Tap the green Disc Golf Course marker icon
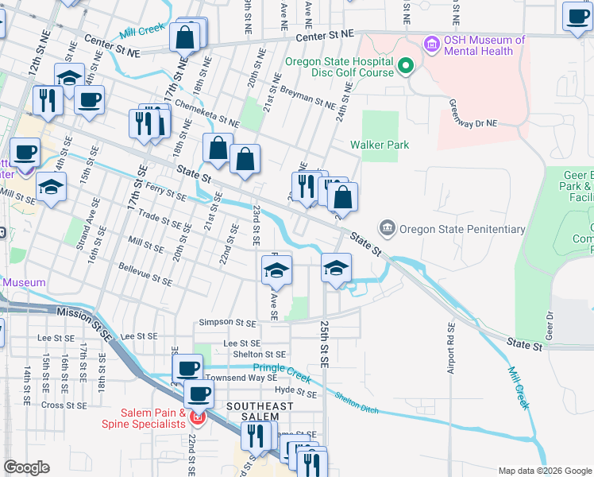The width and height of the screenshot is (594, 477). point(407,65)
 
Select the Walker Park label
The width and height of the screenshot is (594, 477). point(380,145)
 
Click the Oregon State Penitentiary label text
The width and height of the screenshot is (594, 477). point(462,229)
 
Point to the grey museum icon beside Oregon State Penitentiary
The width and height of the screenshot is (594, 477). point(388,229)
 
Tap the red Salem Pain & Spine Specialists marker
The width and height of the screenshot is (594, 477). point(197,417)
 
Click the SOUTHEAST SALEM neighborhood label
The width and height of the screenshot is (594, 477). point(260,405)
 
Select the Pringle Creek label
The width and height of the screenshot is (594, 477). point(279,367)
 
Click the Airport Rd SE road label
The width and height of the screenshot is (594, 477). point(451,348)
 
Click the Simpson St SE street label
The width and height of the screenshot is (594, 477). point(227,323)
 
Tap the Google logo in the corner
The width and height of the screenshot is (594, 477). point(27,467)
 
